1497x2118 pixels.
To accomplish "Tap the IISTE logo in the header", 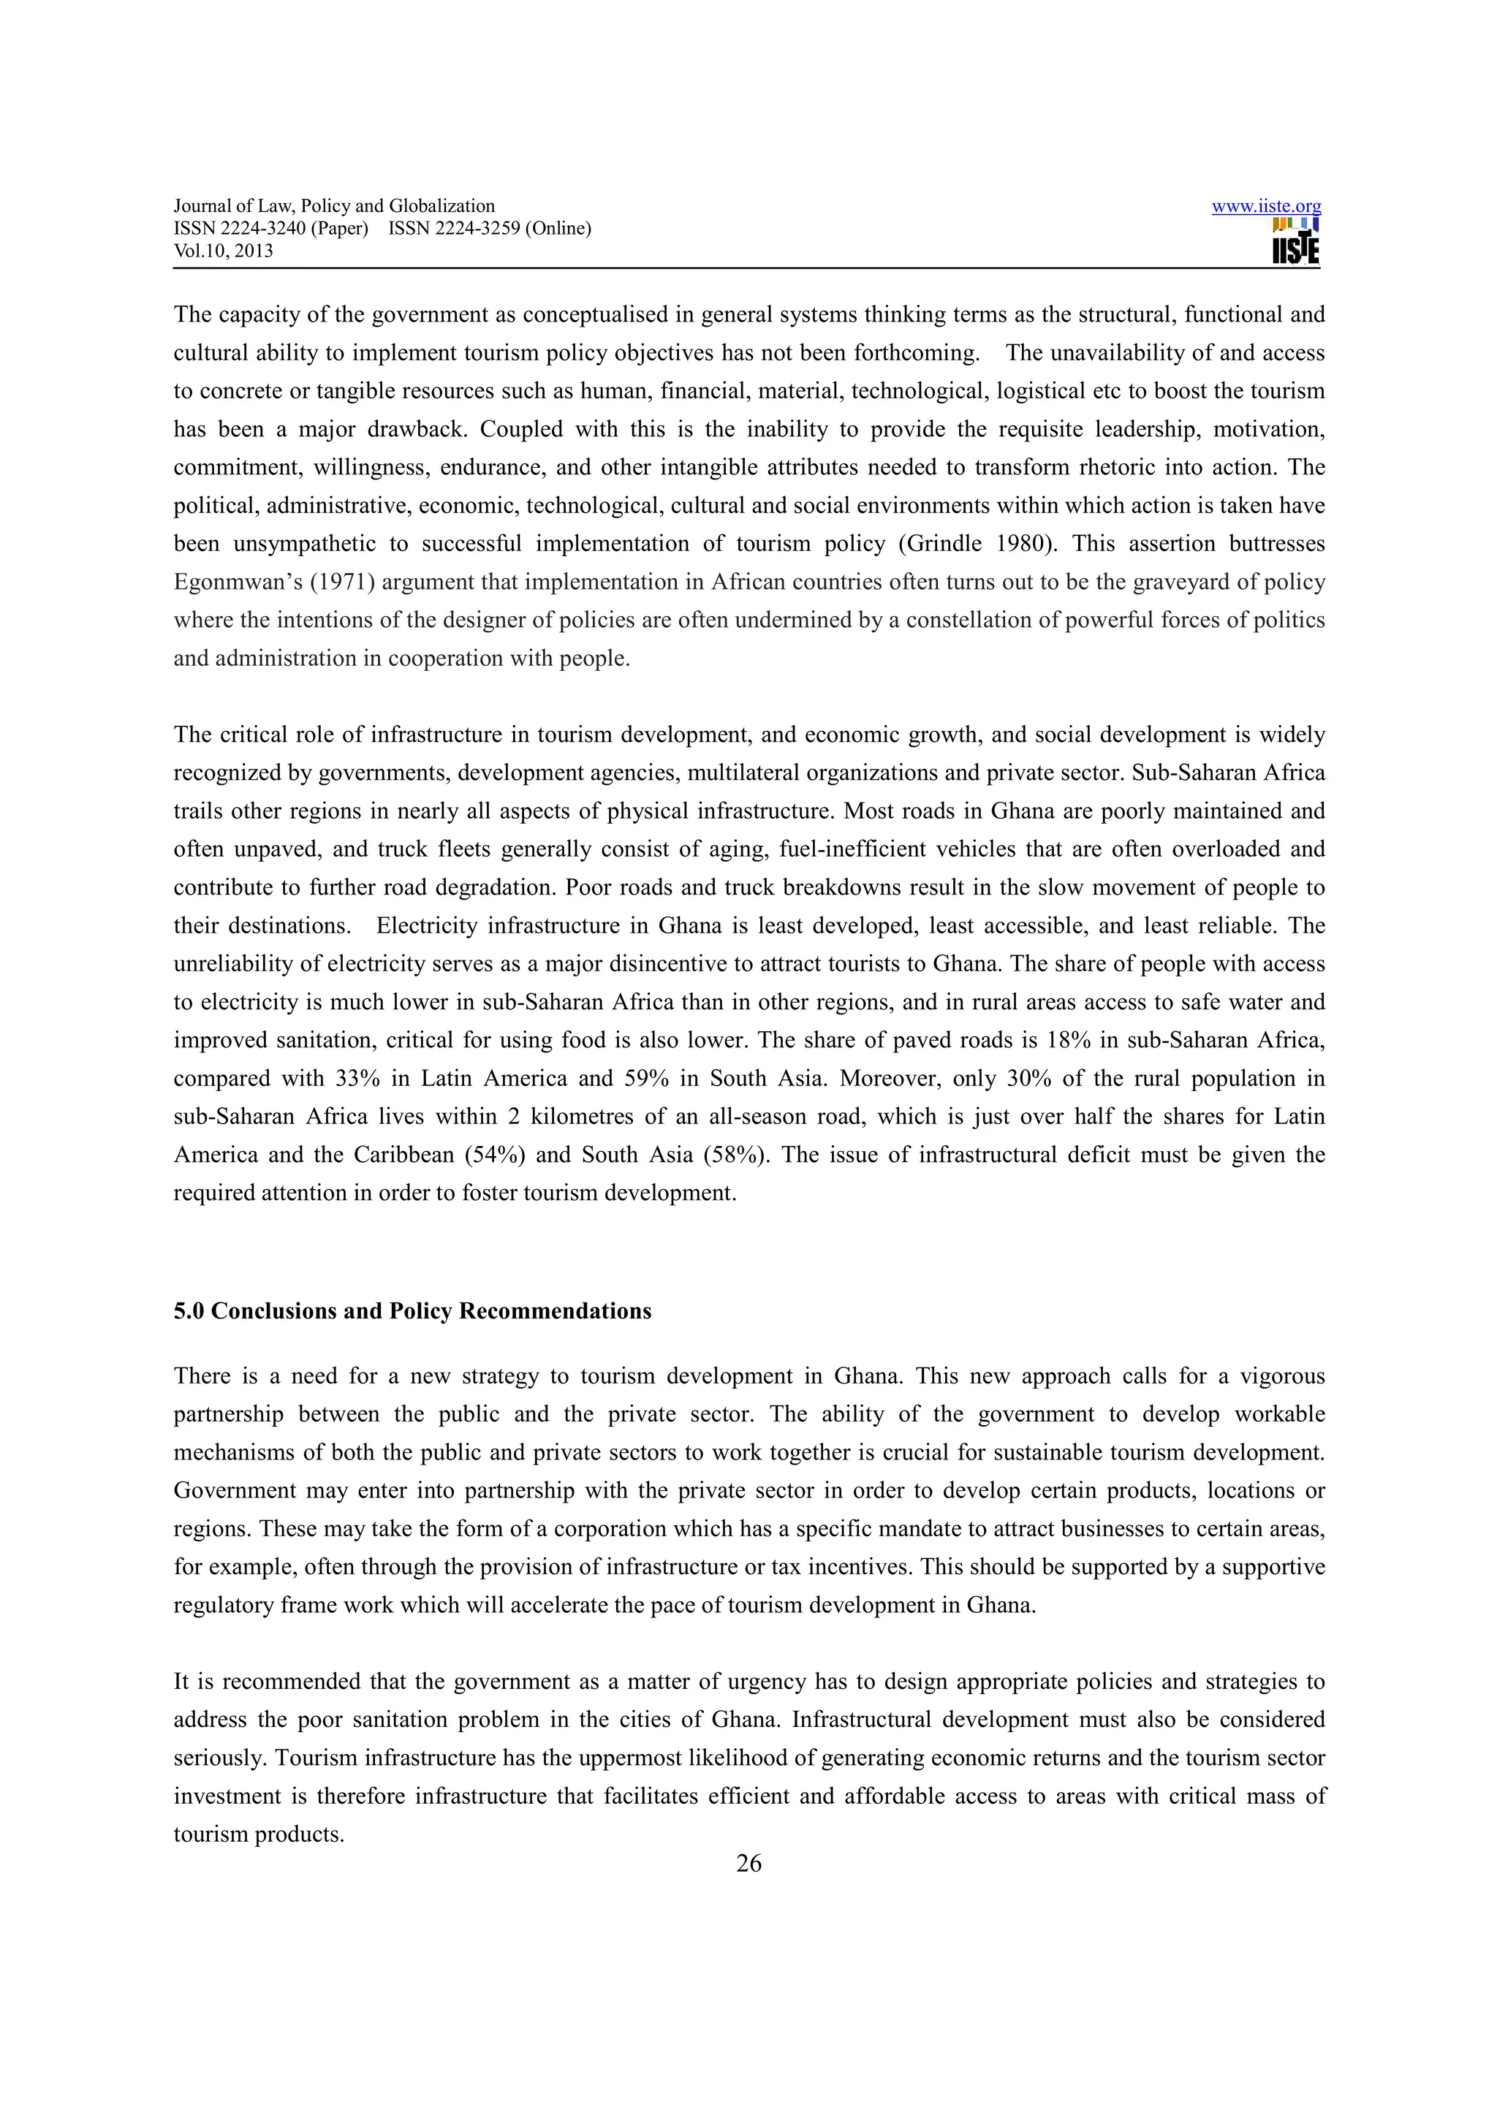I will click(1295, 242).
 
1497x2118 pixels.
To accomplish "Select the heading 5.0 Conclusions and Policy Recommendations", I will click(412, 1311).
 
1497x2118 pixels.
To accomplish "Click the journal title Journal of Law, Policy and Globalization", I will click(334, 205).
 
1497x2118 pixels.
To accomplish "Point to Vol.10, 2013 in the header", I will click(223, 251).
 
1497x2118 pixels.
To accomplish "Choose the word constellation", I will click(969, 620).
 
